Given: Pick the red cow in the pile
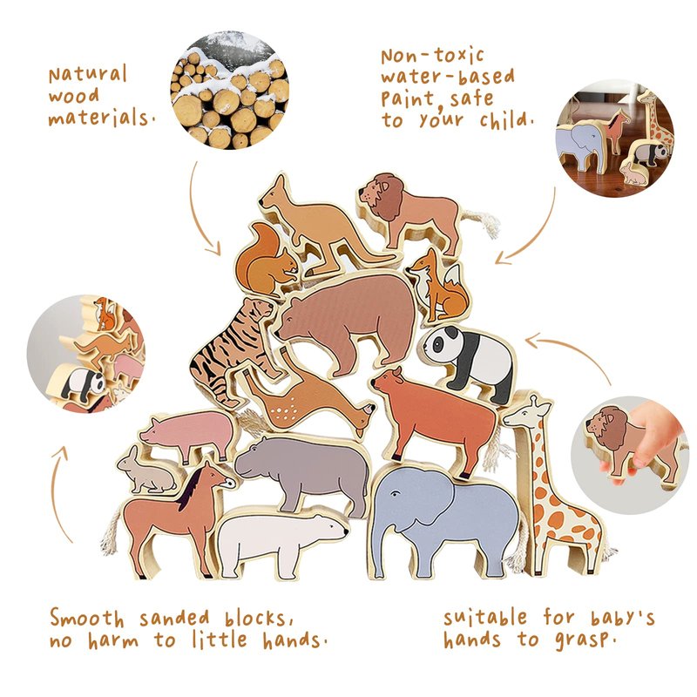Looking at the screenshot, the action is [433, 418].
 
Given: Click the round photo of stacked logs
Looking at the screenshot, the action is [230, 90].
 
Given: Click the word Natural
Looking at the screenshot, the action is [88, 75].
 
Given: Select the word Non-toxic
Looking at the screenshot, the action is [432, 56].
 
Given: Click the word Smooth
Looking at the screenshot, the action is [86, 619].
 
